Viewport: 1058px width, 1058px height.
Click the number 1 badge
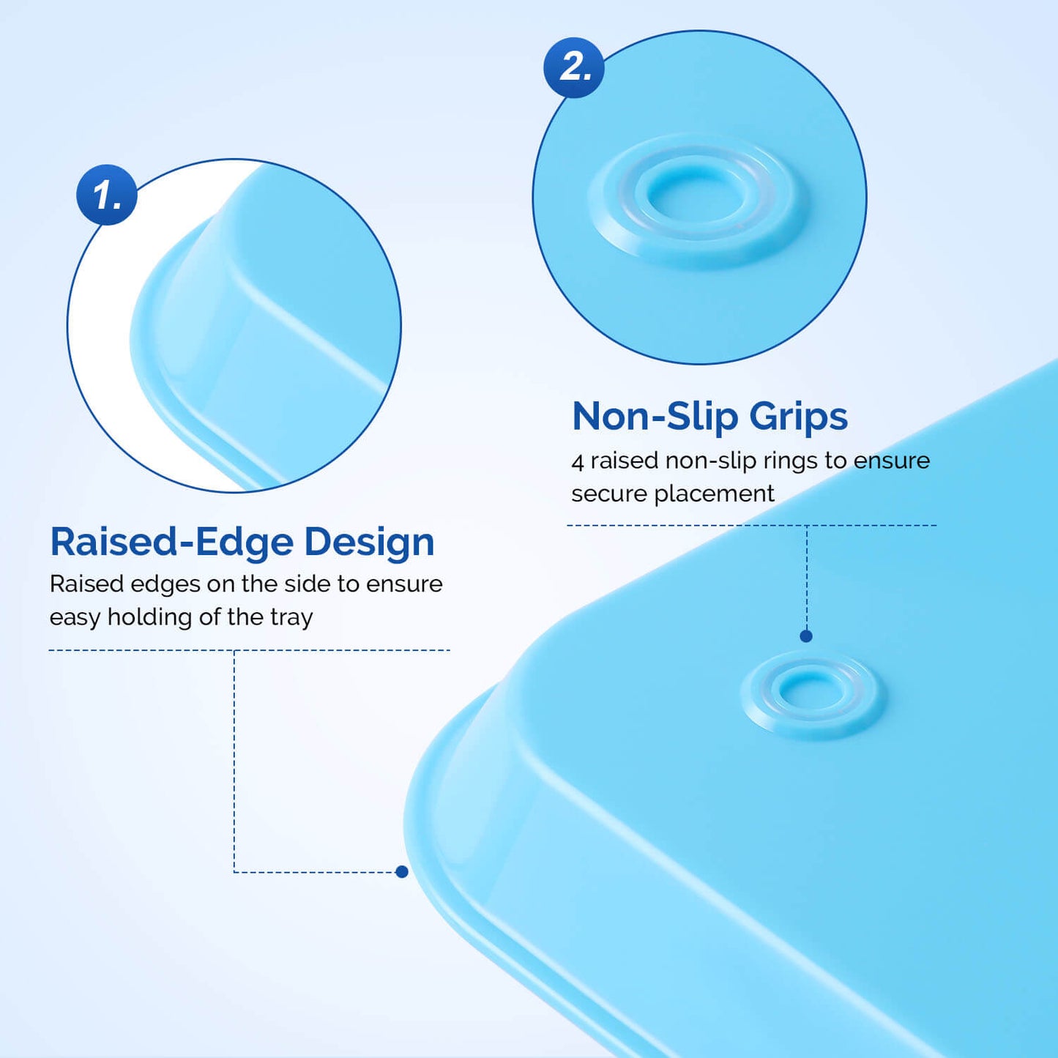[x=107, y=195]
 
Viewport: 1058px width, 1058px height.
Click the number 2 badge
[x=574, y=67]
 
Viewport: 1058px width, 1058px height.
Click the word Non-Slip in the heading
[x=655, y=416]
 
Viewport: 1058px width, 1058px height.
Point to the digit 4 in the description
[x=578, y=462]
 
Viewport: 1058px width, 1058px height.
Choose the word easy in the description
[x=75, y=618]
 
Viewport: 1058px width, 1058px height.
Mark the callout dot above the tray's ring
[x=806, y=636]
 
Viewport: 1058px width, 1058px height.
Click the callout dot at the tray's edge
[x=401, y=871]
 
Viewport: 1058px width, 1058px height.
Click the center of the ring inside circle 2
[x=699, y=195]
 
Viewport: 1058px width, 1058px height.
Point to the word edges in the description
[x=165, y=584]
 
